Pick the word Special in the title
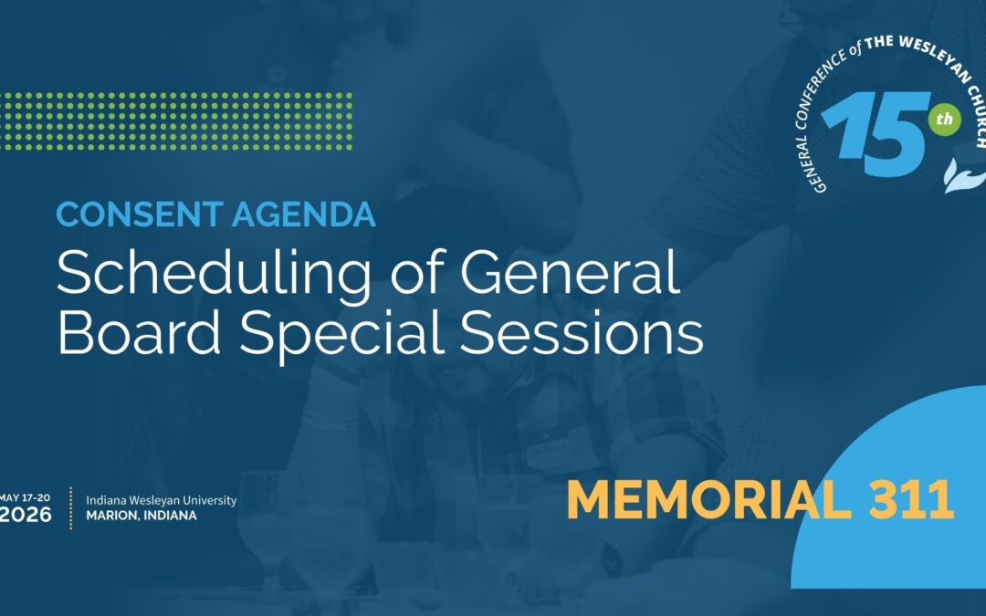pos(346,336)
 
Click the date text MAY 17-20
pos(26,497)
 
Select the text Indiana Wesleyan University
pos(161,500)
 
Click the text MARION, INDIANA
pos(141,516)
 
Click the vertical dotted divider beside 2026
pos(71,507)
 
